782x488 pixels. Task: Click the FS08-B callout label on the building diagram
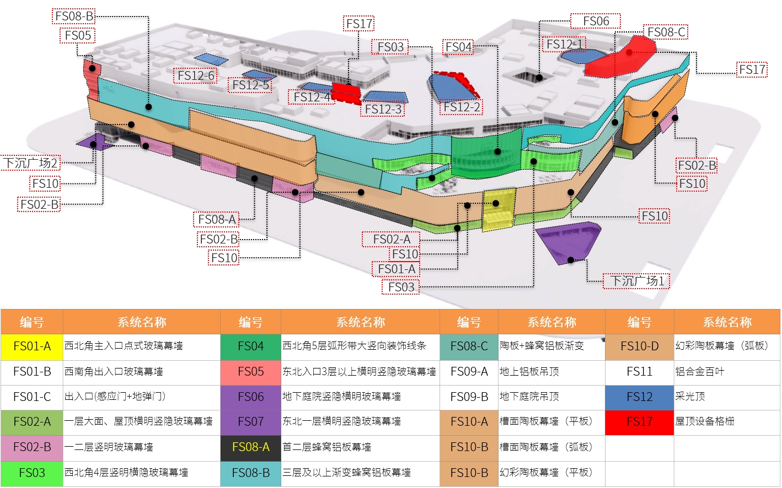tap(74, 16)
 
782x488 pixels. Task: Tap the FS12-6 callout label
tap(195, 75)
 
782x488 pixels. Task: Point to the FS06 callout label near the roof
tap(596, 21)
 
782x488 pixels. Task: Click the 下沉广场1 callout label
tap(636, 281)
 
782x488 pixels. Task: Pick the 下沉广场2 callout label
tap(30, 163)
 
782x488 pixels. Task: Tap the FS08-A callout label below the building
tap(217, 219)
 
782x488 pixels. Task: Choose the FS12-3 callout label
tap(383, 109)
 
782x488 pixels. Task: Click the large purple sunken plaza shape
tap(568, 240)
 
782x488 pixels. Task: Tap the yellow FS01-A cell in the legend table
tap(32, 346)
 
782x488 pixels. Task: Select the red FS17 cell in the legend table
tap(639, 422)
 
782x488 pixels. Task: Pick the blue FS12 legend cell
tap(639, 397)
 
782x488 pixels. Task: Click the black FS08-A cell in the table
tap(250, 447)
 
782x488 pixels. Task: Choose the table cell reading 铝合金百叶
tap(726, 372)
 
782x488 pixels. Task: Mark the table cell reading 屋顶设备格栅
tap(726, 422)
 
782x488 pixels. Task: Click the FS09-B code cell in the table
tap(469, 397)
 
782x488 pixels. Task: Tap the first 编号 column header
tap(32, 322)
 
